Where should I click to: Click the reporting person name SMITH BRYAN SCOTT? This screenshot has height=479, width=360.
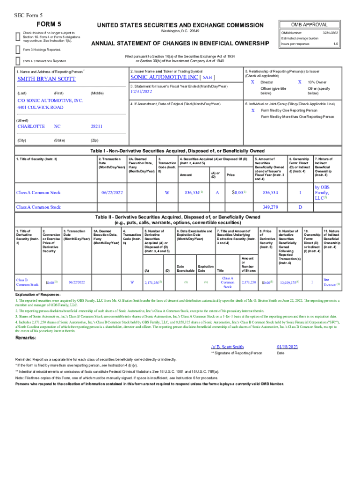tap(46, 79)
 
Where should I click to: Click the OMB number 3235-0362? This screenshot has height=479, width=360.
tap(330, 33)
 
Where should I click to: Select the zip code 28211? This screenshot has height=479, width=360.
tap(96, 126)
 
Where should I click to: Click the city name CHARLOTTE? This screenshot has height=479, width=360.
tap(31, 126)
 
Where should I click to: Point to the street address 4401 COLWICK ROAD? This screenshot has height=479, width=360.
tap(40, 107)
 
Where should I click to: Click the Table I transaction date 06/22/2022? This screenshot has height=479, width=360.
tap(112, 192)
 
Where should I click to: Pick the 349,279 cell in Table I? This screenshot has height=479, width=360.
tap(270, 207)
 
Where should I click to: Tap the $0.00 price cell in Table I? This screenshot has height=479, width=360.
tap(239, 192)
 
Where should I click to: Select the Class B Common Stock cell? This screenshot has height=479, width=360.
tap(28, 282)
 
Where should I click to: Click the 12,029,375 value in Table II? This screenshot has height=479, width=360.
tap(288, 283)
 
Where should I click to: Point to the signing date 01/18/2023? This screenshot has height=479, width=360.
tap(287, 347)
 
